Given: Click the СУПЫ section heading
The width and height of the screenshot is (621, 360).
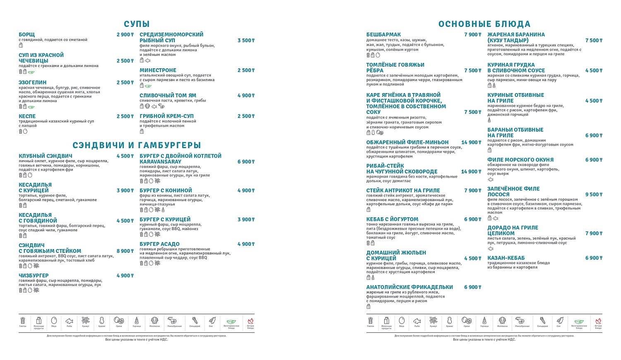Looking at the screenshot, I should pos(137,24).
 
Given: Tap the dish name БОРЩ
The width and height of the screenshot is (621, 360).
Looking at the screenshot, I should pos(27,35).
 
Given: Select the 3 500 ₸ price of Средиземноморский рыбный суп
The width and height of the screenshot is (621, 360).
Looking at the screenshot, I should pos(246,41).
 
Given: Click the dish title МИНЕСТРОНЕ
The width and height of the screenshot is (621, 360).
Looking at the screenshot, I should pos(158,70).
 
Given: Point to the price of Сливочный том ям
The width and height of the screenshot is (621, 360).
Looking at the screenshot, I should pos(246,96).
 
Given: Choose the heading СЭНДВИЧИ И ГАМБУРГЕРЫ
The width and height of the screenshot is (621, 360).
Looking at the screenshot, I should pos(137,145).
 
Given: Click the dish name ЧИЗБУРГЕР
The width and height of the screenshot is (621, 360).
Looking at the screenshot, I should pos(34,276).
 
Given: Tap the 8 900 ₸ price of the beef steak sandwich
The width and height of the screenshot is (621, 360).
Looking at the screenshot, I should pos(125,251).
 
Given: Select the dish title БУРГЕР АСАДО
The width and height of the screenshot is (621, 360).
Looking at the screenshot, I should pos(159,244).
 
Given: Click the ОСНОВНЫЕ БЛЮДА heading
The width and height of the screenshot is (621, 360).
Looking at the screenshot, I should pos(484,24).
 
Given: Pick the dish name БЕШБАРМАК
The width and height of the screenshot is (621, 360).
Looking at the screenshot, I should pos(383,35).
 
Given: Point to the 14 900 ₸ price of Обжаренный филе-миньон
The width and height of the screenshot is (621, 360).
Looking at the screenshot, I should pos(471,142).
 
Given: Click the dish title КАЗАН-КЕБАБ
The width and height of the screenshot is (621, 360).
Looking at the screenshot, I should pos(506,258).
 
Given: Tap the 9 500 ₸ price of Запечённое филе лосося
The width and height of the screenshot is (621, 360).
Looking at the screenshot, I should pos(594,194).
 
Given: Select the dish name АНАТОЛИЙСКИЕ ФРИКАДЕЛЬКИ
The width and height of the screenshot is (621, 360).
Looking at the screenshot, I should pos(409,287).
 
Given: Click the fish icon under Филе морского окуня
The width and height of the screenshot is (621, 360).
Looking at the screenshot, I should pos(491,180).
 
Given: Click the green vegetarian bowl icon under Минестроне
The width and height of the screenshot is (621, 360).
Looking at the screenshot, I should pos(148,86).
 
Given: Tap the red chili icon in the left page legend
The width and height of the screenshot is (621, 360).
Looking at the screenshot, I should pos(250,321).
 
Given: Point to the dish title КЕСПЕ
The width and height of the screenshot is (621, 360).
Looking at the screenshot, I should pos(27,116).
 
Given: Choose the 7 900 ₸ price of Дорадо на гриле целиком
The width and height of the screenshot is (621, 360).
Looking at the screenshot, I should pos(594,233).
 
